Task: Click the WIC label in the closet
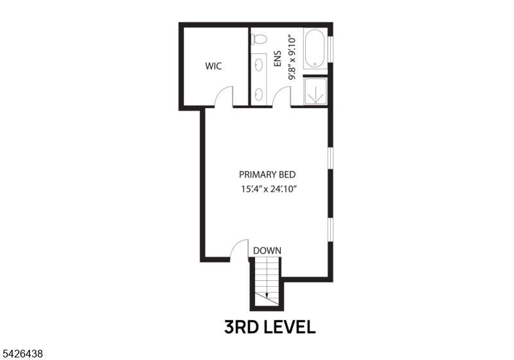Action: point(213,66)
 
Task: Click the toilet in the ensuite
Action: point(259,38)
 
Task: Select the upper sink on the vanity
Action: point(260,65)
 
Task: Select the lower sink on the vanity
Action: point(260,94)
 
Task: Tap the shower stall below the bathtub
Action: point(315,91)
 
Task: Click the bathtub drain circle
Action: point(315,63)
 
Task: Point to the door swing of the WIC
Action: point(224,96)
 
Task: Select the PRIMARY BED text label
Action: point(267,174)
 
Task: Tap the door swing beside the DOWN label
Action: point(239,251)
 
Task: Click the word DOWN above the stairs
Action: point(267,250)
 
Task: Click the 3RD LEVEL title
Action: point(270,327)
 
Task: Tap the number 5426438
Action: point(23,353)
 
